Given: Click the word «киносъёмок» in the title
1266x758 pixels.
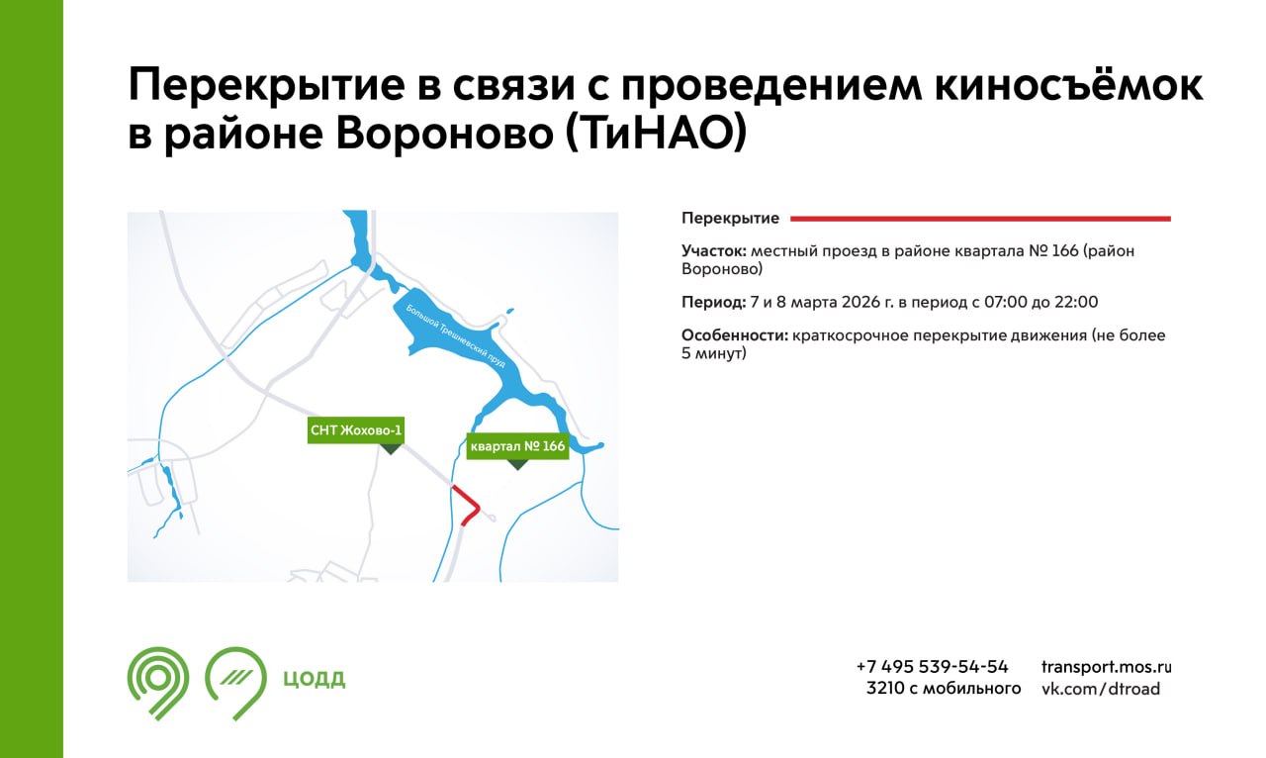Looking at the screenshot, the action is [x=1069, y=85].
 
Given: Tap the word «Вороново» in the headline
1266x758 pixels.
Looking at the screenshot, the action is [x=444, y=134].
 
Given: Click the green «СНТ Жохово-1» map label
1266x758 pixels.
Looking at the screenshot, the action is [x=356, y=430].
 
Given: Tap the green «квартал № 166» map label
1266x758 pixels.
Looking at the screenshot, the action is [x=517, y=446].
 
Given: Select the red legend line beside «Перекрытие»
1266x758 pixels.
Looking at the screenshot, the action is [x=980, y=219].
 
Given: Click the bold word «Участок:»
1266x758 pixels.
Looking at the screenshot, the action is [x=714, y=250].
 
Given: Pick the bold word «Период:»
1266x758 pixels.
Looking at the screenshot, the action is [x=714, y=302].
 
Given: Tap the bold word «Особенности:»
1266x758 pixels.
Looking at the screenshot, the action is [x=735, y=335].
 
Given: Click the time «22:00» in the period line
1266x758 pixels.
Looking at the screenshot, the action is [x=1076, y=302].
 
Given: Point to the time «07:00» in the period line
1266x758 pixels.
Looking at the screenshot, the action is [x=1006, y=302].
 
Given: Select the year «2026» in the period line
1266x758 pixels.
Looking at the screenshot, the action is [x=861, y=302].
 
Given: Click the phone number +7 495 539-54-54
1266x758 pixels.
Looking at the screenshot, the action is [x=933, y=667].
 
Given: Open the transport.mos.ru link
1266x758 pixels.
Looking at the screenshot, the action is [x=1107, y=668].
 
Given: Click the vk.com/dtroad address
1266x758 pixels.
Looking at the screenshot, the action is [x=1101, y=689].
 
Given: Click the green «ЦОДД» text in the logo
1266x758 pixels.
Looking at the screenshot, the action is [x=314, y=678].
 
